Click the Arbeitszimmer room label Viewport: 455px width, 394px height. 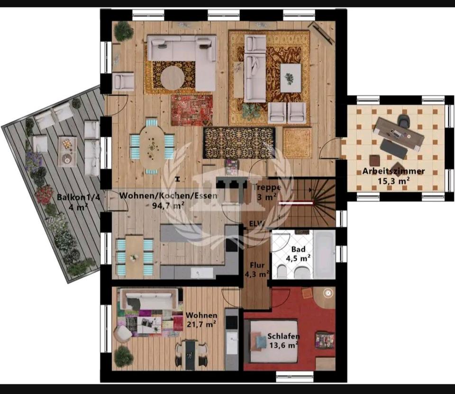[393, 171]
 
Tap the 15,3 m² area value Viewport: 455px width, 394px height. [393, 181]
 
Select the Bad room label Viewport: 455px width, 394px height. [298, 249]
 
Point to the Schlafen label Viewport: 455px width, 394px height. [283, 336]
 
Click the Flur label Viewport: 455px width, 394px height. [257, 265]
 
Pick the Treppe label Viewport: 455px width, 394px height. [267, 187]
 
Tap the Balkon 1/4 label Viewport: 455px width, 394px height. [78, 197]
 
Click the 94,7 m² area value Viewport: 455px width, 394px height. [168, 206]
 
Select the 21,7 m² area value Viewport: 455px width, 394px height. [201, 324]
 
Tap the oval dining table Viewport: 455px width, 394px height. [152, 147]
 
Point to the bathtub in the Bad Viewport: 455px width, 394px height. [324, 254]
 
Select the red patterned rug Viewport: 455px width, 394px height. [192, 110]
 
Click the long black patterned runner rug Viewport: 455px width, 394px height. [239, 143]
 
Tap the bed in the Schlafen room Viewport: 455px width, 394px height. [271, 341]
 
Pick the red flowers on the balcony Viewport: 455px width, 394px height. [45, 194]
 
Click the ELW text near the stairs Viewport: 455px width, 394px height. [257, 224]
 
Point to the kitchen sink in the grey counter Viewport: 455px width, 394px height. [201, 273]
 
